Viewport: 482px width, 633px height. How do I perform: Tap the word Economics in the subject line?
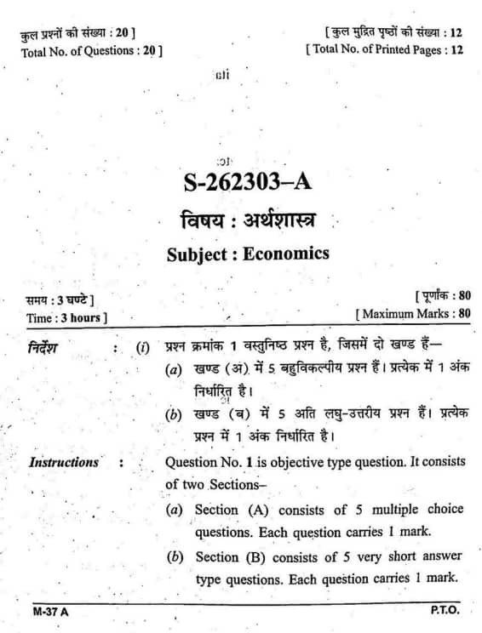tap(286, 253)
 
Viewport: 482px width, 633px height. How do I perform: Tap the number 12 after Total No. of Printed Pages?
tap(456, 49)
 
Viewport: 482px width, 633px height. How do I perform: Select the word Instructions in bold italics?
tap(64, 463)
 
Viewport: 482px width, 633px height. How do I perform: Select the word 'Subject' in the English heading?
tap(197, 253)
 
